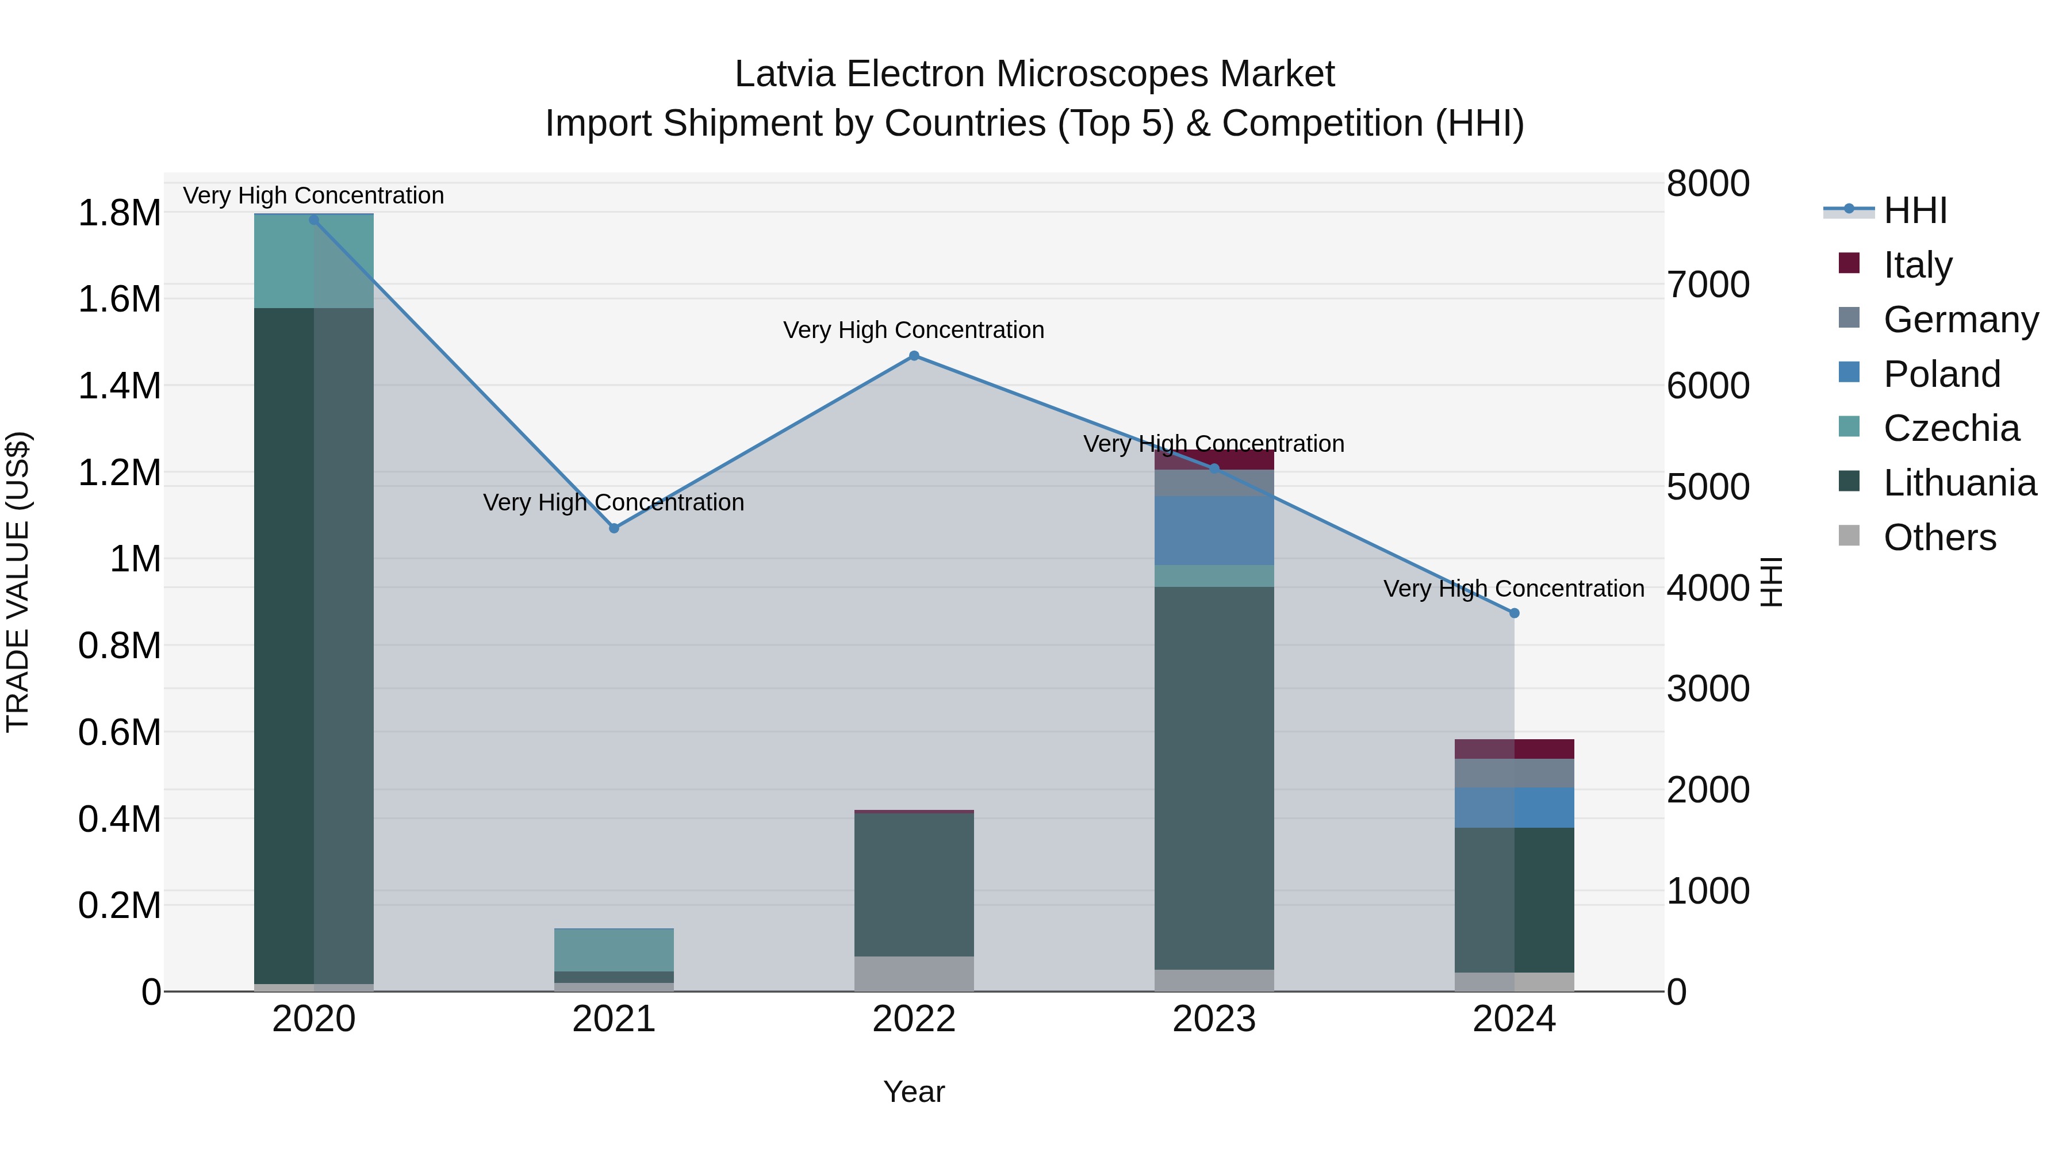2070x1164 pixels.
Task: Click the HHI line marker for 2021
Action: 614,529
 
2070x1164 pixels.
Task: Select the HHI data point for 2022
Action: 914,356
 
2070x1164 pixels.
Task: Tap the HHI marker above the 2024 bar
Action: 1514,613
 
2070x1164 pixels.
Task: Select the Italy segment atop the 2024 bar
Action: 1514,748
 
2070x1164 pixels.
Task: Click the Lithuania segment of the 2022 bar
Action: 914,883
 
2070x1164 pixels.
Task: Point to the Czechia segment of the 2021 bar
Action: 614,950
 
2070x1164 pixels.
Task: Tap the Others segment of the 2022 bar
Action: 914,974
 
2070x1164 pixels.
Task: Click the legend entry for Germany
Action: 1960,320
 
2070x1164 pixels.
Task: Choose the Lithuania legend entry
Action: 1959,483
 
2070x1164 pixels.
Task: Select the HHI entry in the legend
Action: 1914,210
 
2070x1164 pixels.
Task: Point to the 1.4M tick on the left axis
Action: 119,386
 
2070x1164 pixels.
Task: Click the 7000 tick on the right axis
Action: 1708,285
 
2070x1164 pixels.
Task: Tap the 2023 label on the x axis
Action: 1214,1019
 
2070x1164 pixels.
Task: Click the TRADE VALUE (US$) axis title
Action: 18,582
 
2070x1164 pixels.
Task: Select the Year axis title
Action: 914,1092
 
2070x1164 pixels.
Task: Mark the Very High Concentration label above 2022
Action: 914,330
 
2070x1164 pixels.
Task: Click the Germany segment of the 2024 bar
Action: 1514,773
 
